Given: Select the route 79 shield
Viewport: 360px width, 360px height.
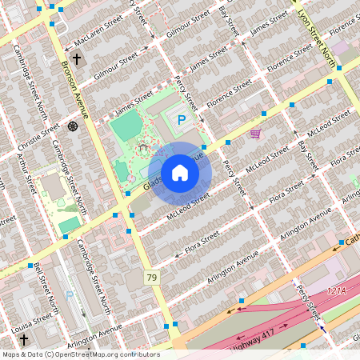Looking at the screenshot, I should [x=151, y=277].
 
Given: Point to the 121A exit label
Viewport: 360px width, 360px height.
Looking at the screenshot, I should [x=338, y=291].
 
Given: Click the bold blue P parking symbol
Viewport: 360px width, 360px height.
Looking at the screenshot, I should [x=182, y=120].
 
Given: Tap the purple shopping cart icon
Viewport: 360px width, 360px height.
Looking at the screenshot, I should [x=255, y=134].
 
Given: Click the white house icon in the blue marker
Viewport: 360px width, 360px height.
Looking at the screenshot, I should [x=180, y=172].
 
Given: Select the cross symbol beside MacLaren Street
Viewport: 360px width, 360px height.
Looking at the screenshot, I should [x=77, y=59].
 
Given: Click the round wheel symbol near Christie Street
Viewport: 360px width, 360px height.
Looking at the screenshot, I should [x=73, y=126].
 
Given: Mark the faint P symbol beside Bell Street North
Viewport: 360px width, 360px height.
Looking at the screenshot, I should [x=69, y=294].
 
